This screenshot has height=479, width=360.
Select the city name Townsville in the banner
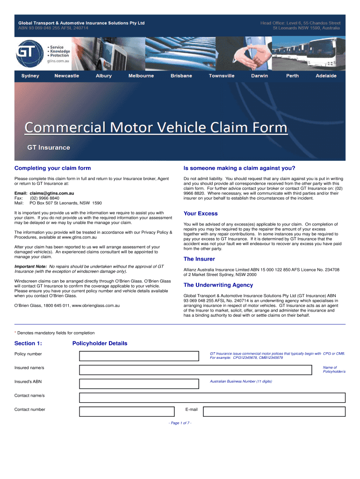coord(222,76)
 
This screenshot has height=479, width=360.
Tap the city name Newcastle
coord(67,76)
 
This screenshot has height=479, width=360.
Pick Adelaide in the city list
coord(326,76)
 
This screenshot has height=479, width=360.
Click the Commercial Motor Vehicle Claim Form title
coord(156,128)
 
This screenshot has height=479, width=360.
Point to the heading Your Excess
coord(201,214)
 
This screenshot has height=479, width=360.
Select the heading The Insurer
coord(199,259)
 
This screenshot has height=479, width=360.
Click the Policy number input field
coord(142,356)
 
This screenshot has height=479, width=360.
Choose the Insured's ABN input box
coord(142,384)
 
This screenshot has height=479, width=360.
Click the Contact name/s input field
coord(212,398)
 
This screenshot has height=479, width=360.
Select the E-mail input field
coord(274,412)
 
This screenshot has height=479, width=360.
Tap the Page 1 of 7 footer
coord(180,423)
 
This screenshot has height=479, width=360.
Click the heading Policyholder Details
coord(100,343)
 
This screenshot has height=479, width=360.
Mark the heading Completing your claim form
coord(52,168)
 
